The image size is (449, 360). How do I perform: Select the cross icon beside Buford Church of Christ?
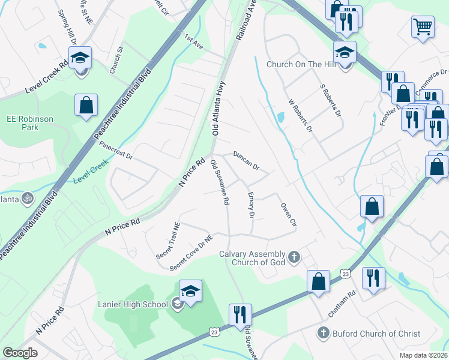[323, 333]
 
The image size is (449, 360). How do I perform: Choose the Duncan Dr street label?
[246, 160]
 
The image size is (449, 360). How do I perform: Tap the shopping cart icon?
[423, 26]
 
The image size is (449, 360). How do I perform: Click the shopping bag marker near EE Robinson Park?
[86, 104]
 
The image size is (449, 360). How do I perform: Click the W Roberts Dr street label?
[300, 116]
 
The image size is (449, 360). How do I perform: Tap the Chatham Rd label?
[343, 305]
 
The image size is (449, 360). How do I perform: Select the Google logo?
[20, 352]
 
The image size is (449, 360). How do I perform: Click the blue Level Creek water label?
[91, 172]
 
